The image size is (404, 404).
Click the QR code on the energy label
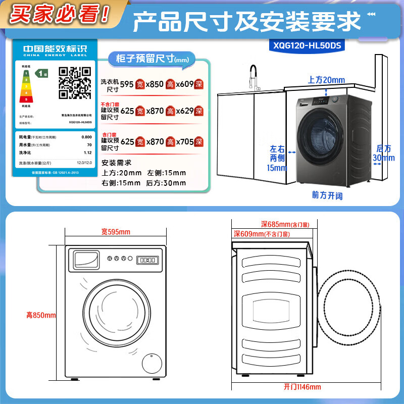[x=75, y=82]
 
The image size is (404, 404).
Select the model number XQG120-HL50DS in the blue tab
[x=307, y=45]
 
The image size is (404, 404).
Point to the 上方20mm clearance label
[x=326, y=80]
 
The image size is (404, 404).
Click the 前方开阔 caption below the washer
[x=327, y=195]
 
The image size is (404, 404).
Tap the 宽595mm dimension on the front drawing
[x=116, y=232]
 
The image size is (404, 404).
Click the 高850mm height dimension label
[x=41, y=315]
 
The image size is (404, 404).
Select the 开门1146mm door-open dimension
[x=302, y=387]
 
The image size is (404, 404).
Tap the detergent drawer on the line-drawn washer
[x=86, y=260]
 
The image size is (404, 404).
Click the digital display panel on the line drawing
[x=146, y=260]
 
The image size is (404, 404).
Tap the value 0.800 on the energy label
[x=86, y=137]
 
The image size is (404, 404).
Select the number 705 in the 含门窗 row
[x=187, y=141]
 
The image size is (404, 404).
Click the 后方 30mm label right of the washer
[x=383, y=153]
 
